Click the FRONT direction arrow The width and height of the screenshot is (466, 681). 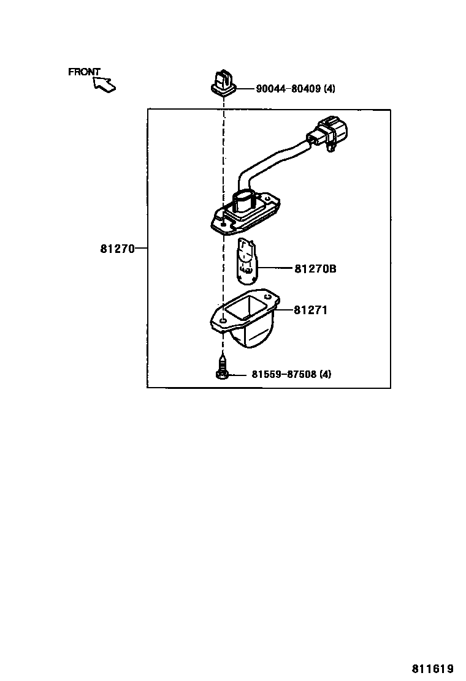tap(105, 84)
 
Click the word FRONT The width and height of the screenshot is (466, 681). tap(84, 72)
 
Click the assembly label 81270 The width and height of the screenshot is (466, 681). tap(116, 249)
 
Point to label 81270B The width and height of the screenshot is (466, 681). tap(315, 268)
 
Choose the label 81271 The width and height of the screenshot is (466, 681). tap(310, 310)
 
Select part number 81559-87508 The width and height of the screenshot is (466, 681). tap(284, 374)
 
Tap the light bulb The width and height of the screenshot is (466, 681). tap(246, 261)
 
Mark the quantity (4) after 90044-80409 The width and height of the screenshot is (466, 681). tap(329, 89)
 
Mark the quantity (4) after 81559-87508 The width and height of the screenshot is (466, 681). tap(325, 374)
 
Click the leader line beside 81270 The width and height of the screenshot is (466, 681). tap(140, 249)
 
